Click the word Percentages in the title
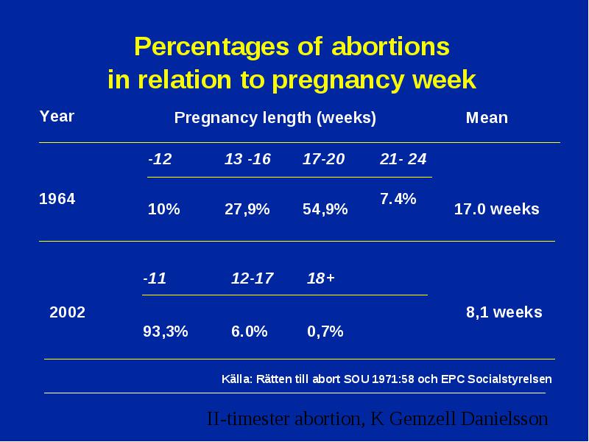[x=211, y=47]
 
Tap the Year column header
[x=57, y=116]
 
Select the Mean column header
[x=487, y=118]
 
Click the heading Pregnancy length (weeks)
[x=275, y=118]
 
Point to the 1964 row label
[x=57, y=199]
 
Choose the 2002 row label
[x=67, y=312]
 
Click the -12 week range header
[x=160, y=159]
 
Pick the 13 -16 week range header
[x=247, y=159]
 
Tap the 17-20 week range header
[x=323, y=159]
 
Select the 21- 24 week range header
[x=403, y=159]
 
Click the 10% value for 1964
[x=163, y=209]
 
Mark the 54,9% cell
[x=325, y=209]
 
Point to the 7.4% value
[x=398, y=199]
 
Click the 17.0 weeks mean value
[x=496, y=209]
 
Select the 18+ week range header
[x=321, y=278]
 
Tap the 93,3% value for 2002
[x=165, y=331]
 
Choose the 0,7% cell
[x=325, y=331]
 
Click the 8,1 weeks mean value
[x=504, y=312]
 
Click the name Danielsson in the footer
[x=504, y=418]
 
